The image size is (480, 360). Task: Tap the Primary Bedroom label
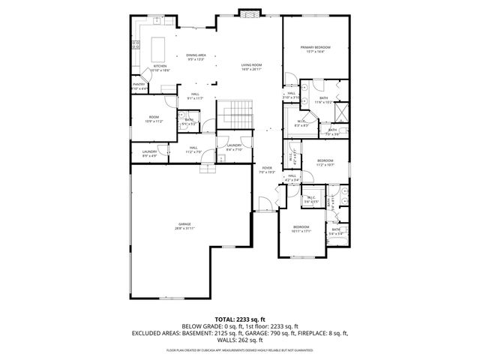pyautogui.click(x=315, y=49)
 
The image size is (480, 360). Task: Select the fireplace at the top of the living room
pyautogui.click(x=248, y=12)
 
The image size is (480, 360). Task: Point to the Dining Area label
pyautogui.click(x=196, y=55)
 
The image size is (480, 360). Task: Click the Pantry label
pyautogui.click(x=139, y=85)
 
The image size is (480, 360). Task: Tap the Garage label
pyautogui.click(x=184, y=224)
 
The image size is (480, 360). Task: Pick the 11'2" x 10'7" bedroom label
pyautogui.click(x=325, y=161)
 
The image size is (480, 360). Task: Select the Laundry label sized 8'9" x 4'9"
pyautogui.click(x=149, y=153)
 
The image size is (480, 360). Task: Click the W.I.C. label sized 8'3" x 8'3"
pyautogui.click(x=301, y=123)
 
